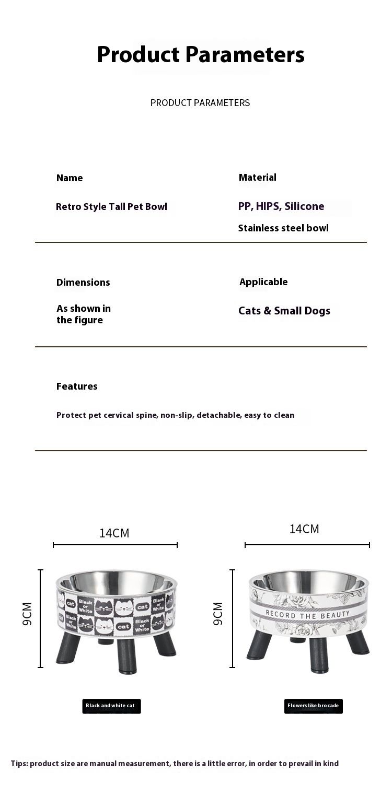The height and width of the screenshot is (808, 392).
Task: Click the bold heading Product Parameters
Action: tap(201, 55)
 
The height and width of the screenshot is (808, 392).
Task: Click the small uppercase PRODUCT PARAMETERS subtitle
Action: tap(200, 103)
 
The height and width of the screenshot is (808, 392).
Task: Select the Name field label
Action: tap(70, 178)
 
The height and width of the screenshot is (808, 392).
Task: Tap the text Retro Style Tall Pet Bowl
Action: tap(111, 207)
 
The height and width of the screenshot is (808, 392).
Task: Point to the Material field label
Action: tap(258, 178)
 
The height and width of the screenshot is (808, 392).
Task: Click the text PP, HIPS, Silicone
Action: tap(281, 206)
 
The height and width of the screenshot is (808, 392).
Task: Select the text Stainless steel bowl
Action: tap(283, 228)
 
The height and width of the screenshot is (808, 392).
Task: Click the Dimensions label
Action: tap(83, 283)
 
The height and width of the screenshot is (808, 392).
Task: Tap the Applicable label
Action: tap(263, 282)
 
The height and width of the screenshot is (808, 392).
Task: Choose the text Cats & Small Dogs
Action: tap(284, 311)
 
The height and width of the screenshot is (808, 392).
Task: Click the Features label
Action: tap(77, 387)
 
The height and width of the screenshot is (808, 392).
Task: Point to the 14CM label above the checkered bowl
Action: tap(114, 533)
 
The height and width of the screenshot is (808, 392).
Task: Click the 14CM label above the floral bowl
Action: tap(304, 529)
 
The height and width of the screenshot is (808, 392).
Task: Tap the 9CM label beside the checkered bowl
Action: tap(27, 614)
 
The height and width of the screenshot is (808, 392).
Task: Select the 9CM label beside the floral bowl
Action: tap(218, 614)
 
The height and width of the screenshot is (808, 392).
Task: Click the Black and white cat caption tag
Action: tap(111, 706)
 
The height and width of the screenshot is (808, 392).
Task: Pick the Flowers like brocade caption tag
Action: tap(313, 706)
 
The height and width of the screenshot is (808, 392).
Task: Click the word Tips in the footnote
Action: tap(19, 764)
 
